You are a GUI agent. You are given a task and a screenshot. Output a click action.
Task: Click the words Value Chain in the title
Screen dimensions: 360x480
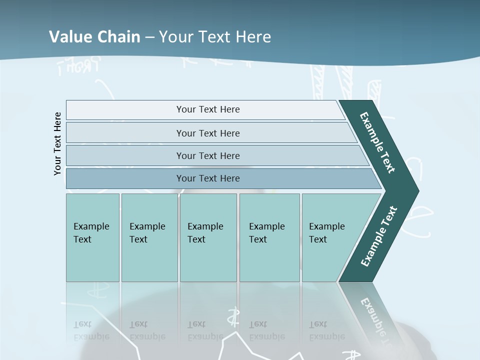(94, 36)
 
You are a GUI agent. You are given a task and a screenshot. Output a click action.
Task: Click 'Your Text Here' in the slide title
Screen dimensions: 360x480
(215, 36)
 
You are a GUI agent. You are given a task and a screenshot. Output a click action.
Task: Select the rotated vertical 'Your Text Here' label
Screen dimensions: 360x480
(57, 143)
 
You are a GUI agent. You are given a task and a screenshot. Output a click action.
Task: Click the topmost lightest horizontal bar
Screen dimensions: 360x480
(207, 109)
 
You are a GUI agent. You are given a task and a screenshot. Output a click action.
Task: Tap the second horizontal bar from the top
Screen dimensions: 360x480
(207, 133)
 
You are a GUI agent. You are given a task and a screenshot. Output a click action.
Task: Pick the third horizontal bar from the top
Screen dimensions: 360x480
(207, 155)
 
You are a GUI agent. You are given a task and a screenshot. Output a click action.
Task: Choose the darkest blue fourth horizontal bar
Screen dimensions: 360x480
(207, 178)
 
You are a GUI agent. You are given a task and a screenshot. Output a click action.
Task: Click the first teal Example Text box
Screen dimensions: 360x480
(92, 237)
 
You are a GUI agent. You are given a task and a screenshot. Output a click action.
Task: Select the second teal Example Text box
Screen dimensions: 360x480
(149, 237)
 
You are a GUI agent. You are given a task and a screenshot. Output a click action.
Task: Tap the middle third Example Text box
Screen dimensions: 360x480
(208, 237)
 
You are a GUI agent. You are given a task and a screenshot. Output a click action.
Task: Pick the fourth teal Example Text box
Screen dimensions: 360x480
(269, 237)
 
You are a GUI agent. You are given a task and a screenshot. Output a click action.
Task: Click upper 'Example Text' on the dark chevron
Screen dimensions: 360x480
(377, 142)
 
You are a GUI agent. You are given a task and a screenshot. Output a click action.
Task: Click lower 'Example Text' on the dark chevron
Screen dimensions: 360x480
(378, 236)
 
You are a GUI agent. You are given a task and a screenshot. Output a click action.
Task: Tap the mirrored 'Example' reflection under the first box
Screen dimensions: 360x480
(91, 336)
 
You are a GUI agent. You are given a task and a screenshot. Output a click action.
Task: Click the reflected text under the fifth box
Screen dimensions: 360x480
(326, 330)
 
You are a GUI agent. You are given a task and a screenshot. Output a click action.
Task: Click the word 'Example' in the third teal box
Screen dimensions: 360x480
(205, 226)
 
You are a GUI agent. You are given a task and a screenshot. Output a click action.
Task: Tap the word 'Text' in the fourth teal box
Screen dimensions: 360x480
(258, 239)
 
